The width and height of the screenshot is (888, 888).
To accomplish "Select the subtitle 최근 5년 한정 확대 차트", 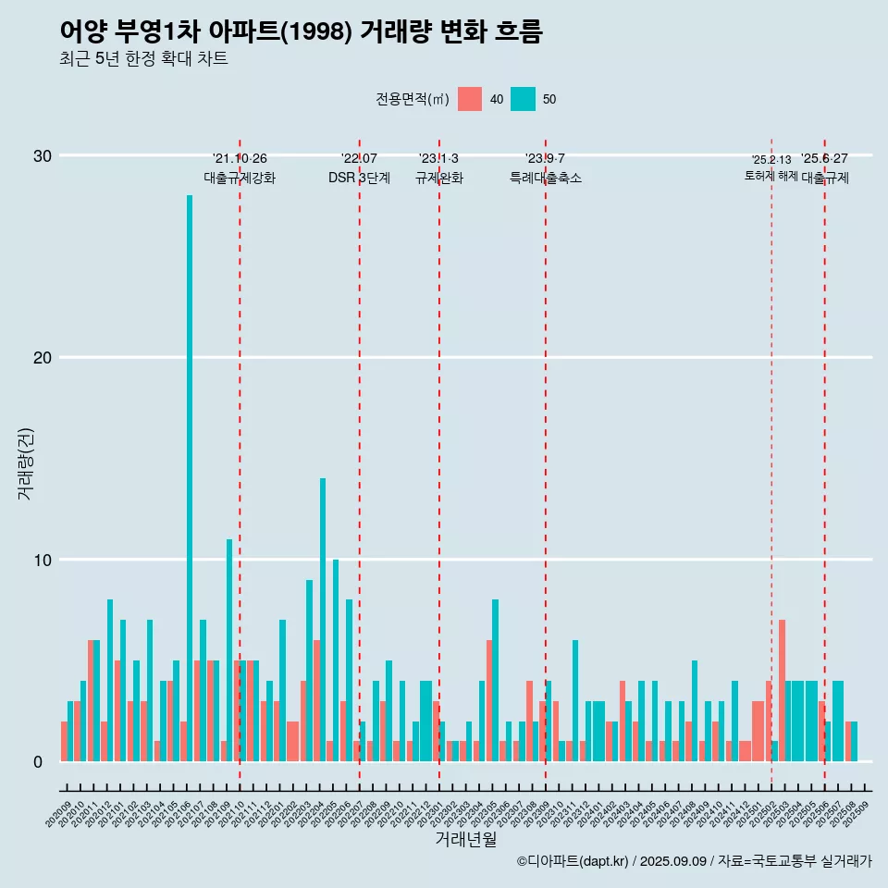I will pyautogui.click(x=143, y=58).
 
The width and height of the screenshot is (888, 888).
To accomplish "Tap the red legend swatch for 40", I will pyautogui.click(x=470, y=99).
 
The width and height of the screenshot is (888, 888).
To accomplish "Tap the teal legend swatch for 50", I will pyautogui.click(x=523, y=99).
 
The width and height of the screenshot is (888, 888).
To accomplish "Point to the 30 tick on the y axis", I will pyautogui.click(x=43, y=155).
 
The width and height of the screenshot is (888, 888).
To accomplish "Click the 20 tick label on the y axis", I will pyautogui.click(x=43, y=358).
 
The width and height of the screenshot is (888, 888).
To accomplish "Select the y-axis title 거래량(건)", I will pyautogui.click(x=25, y=462).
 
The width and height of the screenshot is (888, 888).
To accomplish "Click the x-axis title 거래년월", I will pyautogui.click(x=465, y=839).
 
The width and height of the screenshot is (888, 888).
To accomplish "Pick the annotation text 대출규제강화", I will pyautogui.click(x=240, y=178).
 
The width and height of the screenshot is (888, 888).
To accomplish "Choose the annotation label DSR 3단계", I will pyautogui.click(x=359, y=178).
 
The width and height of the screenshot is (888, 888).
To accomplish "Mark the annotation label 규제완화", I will pyautogui.click(x=438, y=178).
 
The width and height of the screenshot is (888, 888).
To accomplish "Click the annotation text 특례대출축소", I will pyautogui.click(x=546, y=178).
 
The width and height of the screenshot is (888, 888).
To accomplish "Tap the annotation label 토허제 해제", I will pyautogui.click(x=771, y=176).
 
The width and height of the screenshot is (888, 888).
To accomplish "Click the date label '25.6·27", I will pyautogui.click(x=824, y=159).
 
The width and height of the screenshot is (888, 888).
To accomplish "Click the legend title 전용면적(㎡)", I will pyautogui.click(x=413, y=99).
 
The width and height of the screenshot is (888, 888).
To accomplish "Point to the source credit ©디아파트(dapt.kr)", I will pyautogui.click(x=573, y=861).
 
